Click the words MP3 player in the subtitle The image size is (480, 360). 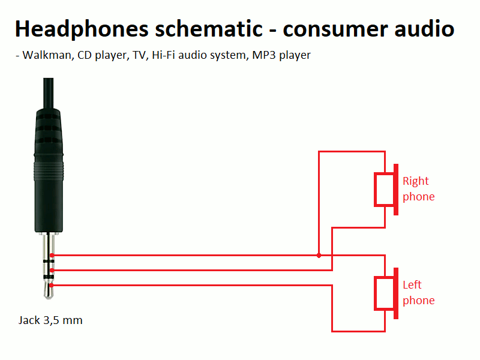281,55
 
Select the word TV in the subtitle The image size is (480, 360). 138,55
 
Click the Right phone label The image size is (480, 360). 418,189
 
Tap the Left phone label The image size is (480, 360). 418,293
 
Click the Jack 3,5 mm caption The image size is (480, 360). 50,320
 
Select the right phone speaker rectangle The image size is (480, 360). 384,190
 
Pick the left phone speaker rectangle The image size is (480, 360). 384,293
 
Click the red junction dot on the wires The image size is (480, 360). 319,256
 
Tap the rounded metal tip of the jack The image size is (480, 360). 49,290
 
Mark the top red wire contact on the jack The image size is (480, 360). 53,256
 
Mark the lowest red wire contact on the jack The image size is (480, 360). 53,285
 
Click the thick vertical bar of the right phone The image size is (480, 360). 395,190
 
